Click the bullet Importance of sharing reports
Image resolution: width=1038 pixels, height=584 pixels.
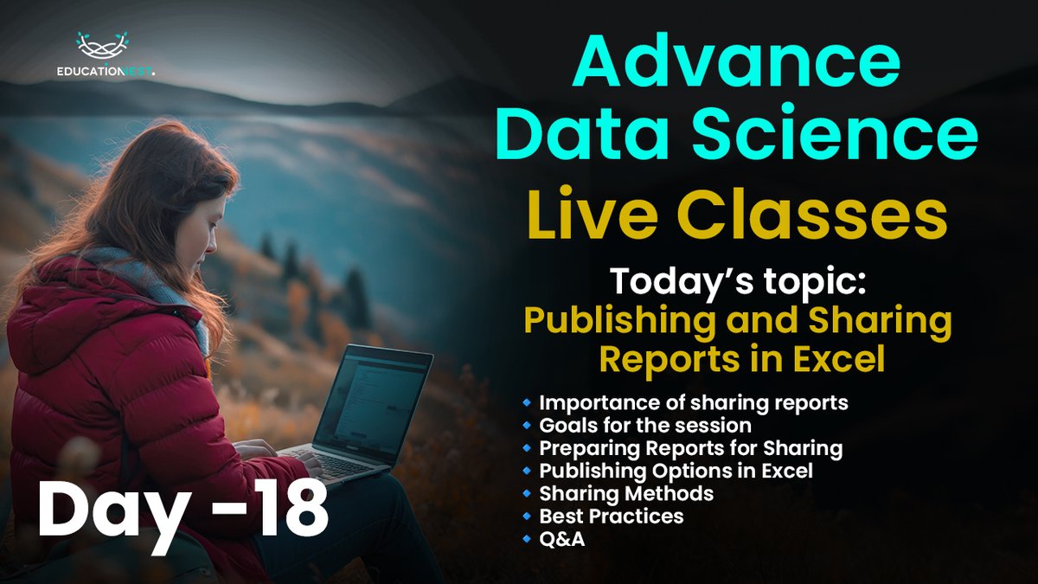693,402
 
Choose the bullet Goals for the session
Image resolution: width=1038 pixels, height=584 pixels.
645,426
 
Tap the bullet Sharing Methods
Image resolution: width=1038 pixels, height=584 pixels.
626,493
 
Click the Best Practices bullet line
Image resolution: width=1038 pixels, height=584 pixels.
611,516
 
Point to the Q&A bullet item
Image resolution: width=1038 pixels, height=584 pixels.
562,538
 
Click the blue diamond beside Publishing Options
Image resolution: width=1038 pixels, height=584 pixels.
527,472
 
